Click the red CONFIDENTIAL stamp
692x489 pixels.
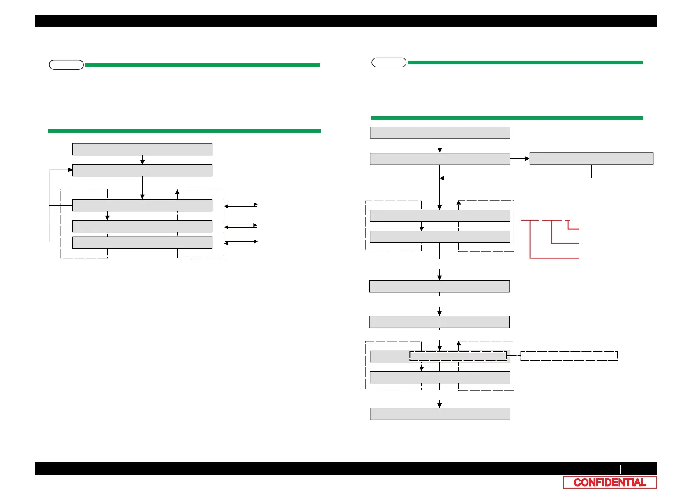click(x=610, y=482)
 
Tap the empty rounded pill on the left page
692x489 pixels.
click(x=66, y=65)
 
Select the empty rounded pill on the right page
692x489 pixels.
click(x=389, y=62)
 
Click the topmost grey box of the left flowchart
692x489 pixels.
click(x=142, y=149)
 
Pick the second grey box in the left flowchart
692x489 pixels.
click(x=142, y=170)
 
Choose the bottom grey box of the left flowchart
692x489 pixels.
click(x=142, y=242)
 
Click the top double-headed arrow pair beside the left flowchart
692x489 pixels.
click(x=241, y=205)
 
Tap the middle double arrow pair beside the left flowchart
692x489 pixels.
click(x=241, y=226)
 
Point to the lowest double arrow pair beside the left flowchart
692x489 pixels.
click(x=241, y=242)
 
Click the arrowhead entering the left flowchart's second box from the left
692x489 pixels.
click(x=70, y=170)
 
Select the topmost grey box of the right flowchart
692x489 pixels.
click(x=440, y=133)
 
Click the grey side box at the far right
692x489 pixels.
click(x=591, y=159)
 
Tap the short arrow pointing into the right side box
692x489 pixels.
click(x=520, y=159)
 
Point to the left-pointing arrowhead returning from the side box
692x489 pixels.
click(x=442, y=178)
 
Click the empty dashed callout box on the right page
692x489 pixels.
click(x=569, y=356)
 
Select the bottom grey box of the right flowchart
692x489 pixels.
click(x=440, y=414)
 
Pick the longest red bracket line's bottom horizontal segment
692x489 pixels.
click(x=554, y=258)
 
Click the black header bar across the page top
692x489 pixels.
click(x=345, y=21)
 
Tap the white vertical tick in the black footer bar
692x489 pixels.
click(x=621, y=469)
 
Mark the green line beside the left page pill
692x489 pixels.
click(x=202, y=65)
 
